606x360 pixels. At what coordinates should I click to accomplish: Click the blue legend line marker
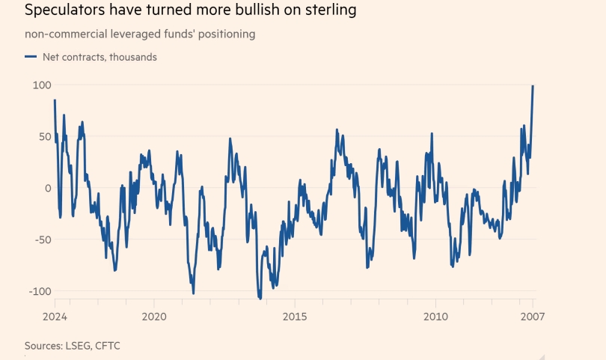click(x=31, y=57)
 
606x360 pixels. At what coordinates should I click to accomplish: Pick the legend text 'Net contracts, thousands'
click(x=100, y=57)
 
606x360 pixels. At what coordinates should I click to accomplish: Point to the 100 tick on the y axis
click(x=41, y=85)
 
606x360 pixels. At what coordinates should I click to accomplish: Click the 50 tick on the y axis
click(x=44, y=137)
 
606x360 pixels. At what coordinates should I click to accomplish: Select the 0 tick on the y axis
click(x=47, y=189)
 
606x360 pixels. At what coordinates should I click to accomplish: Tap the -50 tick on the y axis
click(x=42, y=240)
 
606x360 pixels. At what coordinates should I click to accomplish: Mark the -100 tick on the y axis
click(x=40, y=291)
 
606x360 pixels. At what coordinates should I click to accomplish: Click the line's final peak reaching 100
click(x=533, y=86)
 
